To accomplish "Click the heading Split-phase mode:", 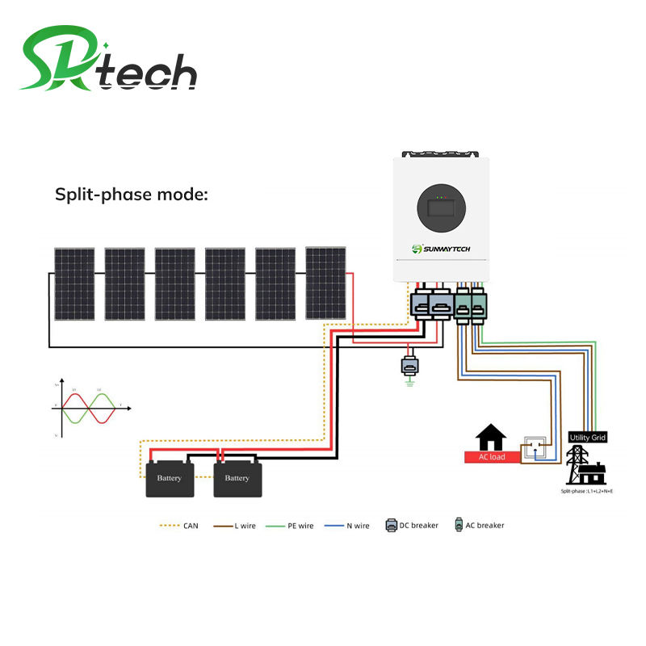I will [x=131, y=194].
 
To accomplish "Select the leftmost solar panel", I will [x=74, y=283].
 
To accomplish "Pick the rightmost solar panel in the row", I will [x=325, y=283].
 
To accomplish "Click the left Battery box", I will [x=170, y=478].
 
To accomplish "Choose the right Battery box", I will [x=237, y=478].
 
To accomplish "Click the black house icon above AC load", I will [x=491, y=438].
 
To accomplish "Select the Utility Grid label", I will [x=588, y=437].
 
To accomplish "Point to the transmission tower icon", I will [x=583, y=464].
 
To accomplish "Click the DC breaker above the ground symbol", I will [x=409, y=365].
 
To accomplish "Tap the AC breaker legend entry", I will [x=480, y=526].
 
